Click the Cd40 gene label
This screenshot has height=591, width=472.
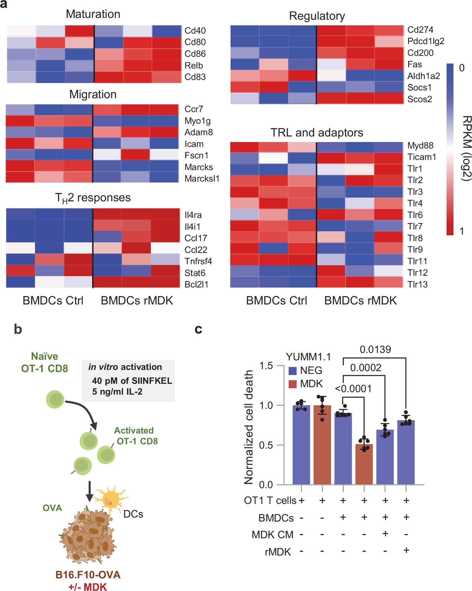tap(195, 31)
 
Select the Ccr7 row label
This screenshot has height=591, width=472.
tap(193, 109)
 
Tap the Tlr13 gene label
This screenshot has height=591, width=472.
tap(417, 284)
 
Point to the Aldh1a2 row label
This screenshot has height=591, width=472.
tap(423, 76)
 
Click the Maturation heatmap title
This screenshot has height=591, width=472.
tap(93, 14)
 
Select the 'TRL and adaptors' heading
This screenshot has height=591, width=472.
tap(317, 132)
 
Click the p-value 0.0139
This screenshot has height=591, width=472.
tap(375, 350)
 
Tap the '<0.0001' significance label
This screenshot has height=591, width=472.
tap(353, 388)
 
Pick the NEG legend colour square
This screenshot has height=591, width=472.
tap(292, 371)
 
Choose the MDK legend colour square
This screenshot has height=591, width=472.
tap(292, 384)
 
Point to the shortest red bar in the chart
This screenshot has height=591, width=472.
tap(364, 464)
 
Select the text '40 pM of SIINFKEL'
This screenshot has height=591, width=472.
tap(132, 380)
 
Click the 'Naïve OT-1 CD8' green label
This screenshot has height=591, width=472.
tap(45, 362)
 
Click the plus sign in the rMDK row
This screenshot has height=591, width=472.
tap(406, 550)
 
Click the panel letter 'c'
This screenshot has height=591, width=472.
tap(198, 329)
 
